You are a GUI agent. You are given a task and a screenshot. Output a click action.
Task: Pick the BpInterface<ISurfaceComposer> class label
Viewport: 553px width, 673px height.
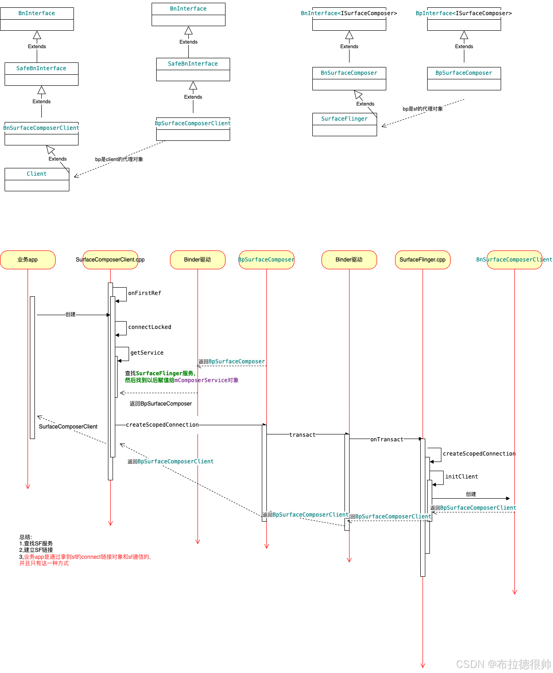click(x=464, y=13)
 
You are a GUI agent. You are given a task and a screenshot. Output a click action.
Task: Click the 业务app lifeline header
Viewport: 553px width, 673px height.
click(x=28, y=260)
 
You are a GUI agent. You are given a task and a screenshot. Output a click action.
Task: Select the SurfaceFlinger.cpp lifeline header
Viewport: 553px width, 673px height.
click(x=423, y=260)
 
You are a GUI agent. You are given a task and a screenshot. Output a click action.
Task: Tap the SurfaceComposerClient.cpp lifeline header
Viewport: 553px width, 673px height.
click(x=110, y=260)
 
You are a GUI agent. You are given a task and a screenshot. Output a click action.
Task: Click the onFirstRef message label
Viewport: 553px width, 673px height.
click(x=145, y=293)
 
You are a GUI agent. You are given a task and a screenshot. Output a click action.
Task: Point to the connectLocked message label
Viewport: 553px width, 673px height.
click(x=150, y=327)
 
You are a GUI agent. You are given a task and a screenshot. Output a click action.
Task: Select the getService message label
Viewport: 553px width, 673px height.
click(x=147, y=353)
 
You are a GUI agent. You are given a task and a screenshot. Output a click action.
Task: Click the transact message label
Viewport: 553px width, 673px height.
click(x=303, y=435)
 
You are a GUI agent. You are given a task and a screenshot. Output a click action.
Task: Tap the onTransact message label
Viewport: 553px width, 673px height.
click(x=387, y=439)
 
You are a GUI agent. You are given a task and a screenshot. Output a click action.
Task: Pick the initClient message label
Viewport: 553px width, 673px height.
click(x=462, y=477)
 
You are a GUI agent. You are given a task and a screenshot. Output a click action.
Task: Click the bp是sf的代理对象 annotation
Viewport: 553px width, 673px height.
click(x=423, y=109)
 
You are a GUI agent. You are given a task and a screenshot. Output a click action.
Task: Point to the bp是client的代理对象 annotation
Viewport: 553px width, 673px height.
click(x=119, y=159)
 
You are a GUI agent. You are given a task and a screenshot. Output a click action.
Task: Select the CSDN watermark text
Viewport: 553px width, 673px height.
click(x=503, y=664)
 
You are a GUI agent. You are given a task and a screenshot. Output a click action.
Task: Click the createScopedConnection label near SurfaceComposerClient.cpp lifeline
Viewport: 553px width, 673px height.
click(x=163, y=425)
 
